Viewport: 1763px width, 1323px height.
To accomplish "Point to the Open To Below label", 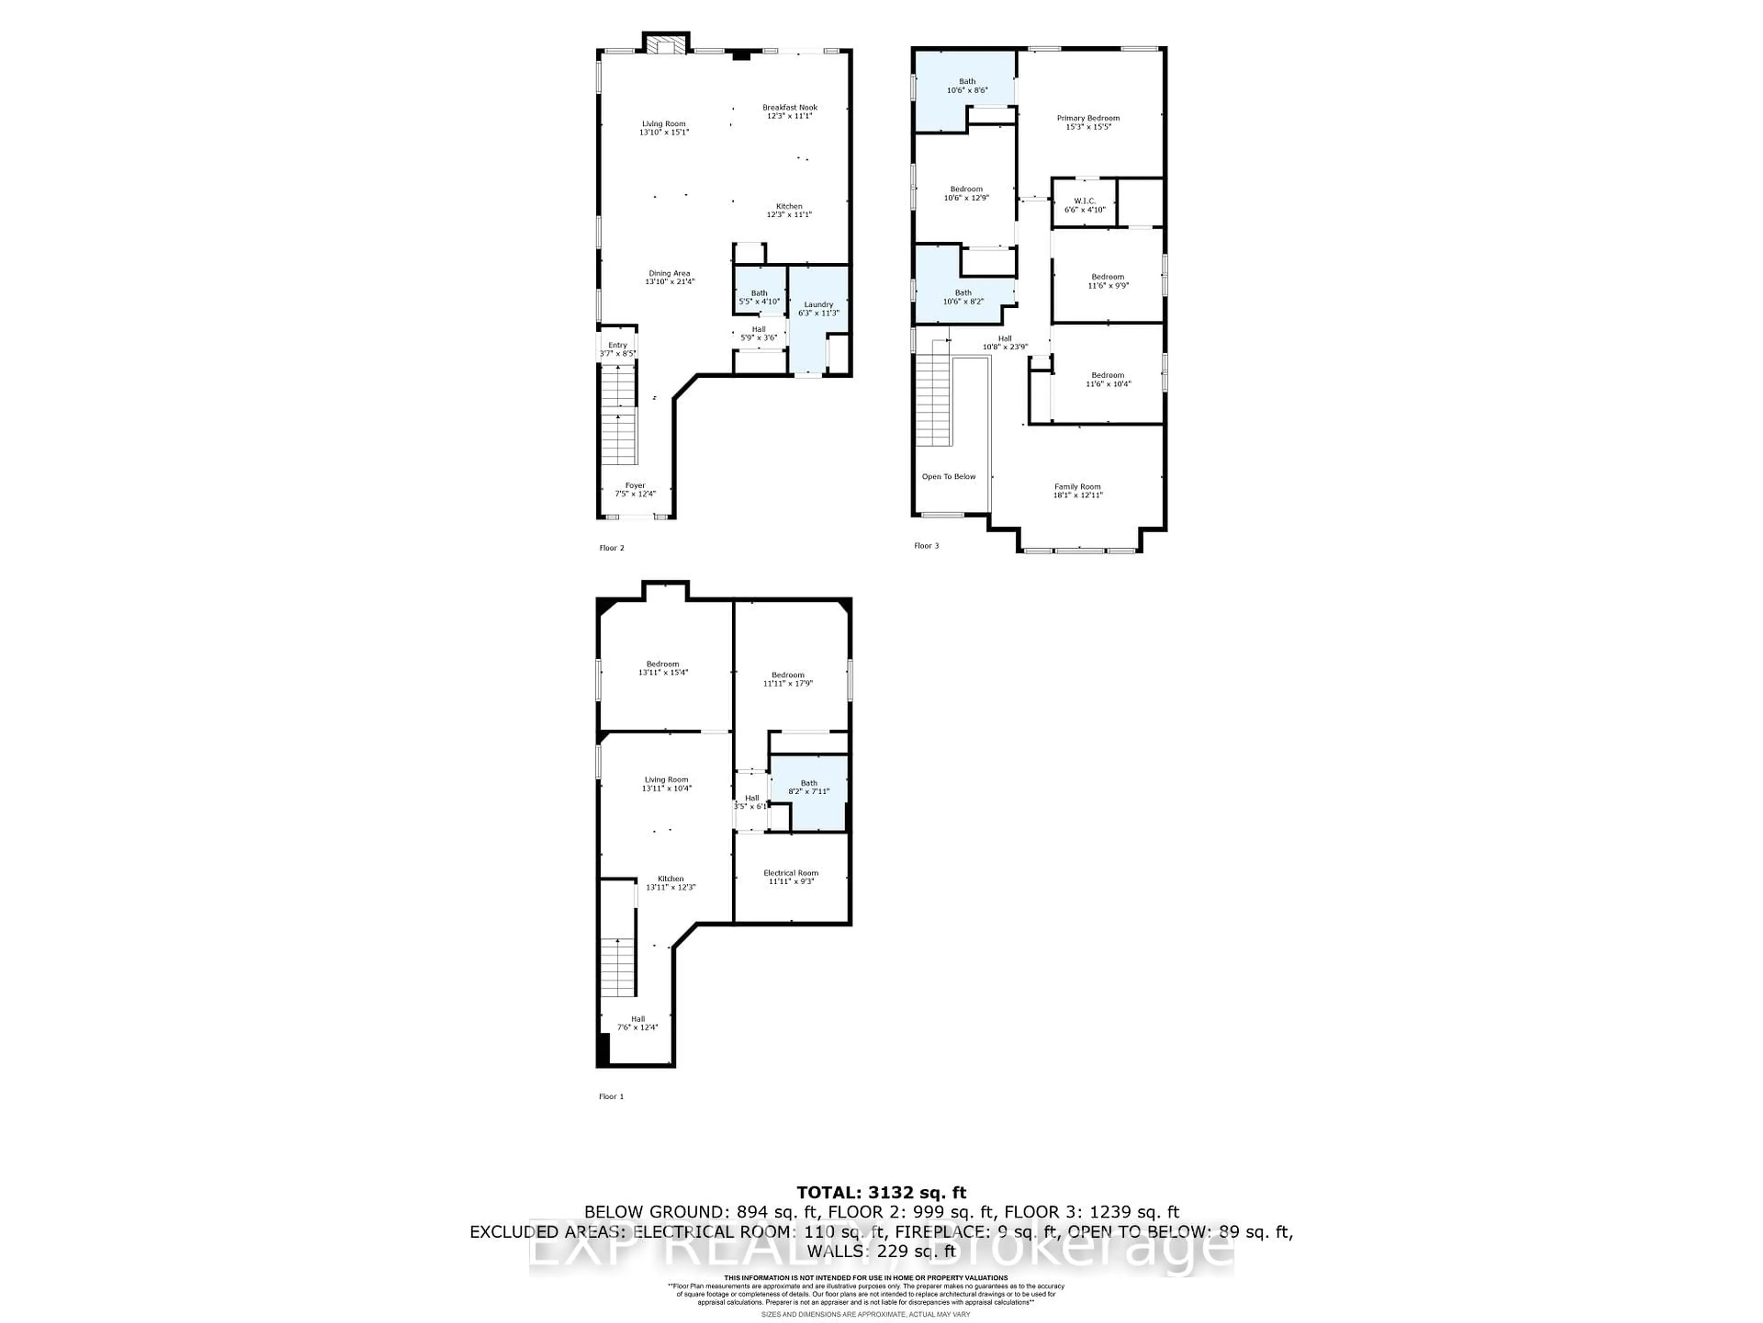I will click(x=949, y=477).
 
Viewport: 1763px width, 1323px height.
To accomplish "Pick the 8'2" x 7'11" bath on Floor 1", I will click(x=808, y=787).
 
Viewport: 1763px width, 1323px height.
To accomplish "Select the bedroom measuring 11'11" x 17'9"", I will click(x=787, y=678).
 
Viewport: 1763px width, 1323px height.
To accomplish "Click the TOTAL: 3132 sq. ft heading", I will click(x=881, y=1193).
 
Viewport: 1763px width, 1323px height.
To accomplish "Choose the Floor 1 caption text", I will click(x=612, y=1097).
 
